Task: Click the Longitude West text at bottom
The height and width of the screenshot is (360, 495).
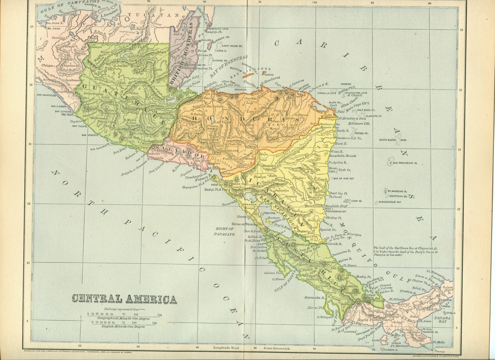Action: pos(228,348)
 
